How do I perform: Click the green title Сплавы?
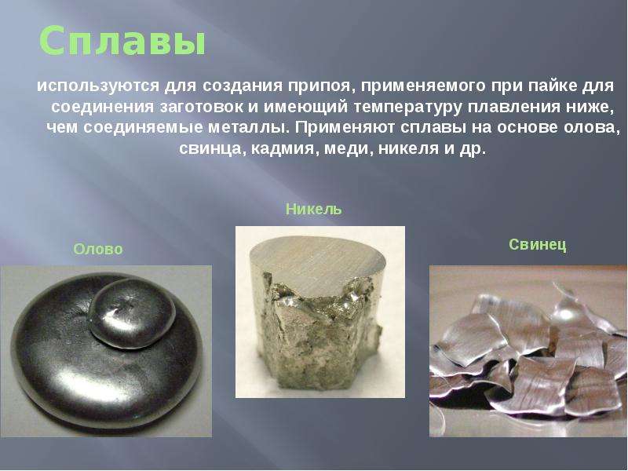coord(122,42)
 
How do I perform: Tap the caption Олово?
coord(97,249)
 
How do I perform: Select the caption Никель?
coord(313,209)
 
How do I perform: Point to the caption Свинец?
coord(538,244)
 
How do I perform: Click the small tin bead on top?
coord(132,313)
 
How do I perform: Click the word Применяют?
coord(344,127)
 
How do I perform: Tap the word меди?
coord(348,148)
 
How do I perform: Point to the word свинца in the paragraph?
coord(212,148)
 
